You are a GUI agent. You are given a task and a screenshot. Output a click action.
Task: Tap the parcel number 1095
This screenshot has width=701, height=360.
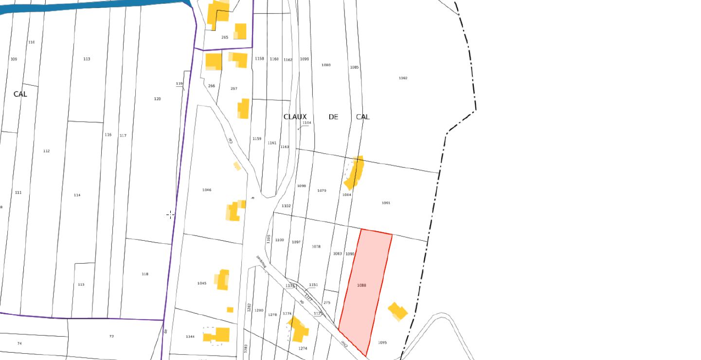382,342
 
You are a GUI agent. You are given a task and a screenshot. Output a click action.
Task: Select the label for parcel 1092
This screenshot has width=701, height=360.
403,78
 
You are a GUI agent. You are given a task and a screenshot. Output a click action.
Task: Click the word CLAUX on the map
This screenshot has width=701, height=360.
295,117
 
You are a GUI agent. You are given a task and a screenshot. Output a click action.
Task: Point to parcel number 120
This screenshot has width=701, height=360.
157,99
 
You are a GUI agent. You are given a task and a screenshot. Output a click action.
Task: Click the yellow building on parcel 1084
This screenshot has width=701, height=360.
355,172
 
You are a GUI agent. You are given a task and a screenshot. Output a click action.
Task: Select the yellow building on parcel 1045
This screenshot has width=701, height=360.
223,280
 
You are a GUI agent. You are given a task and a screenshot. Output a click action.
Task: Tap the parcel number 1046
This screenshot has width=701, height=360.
207,190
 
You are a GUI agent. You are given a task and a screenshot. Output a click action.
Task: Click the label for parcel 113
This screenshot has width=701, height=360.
87,59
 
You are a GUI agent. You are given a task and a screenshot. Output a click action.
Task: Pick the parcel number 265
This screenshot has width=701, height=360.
225,37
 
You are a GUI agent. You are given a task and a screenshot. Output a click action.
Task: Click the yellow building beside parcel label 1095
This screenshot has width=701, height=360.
397,311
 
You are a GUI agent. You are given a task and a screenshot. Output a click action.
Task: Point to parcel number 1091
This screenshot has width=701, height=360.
386,203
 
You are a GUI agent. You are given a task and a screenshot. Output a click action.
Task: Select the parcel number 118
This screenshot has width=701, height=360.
145,274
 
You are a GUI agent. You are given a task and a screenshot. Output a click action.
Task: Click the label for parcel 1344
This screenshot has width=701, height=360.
190,336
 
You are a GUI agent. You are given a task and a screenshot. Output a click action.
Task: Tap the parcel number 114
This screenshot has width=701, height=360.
77,195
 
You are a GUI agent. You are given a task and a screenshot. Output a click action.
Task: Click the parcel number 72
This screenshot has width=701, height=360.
111,336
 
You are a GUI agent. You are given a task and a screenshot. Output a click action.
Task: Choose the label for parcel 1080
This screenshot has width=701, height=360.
326,65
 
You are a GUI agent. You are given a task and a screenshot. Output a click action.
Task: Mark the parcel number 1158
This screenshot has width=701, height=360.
259,58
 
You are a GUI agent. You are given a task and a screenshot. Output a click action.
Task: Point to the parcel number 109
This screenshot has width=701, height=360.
14,59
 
